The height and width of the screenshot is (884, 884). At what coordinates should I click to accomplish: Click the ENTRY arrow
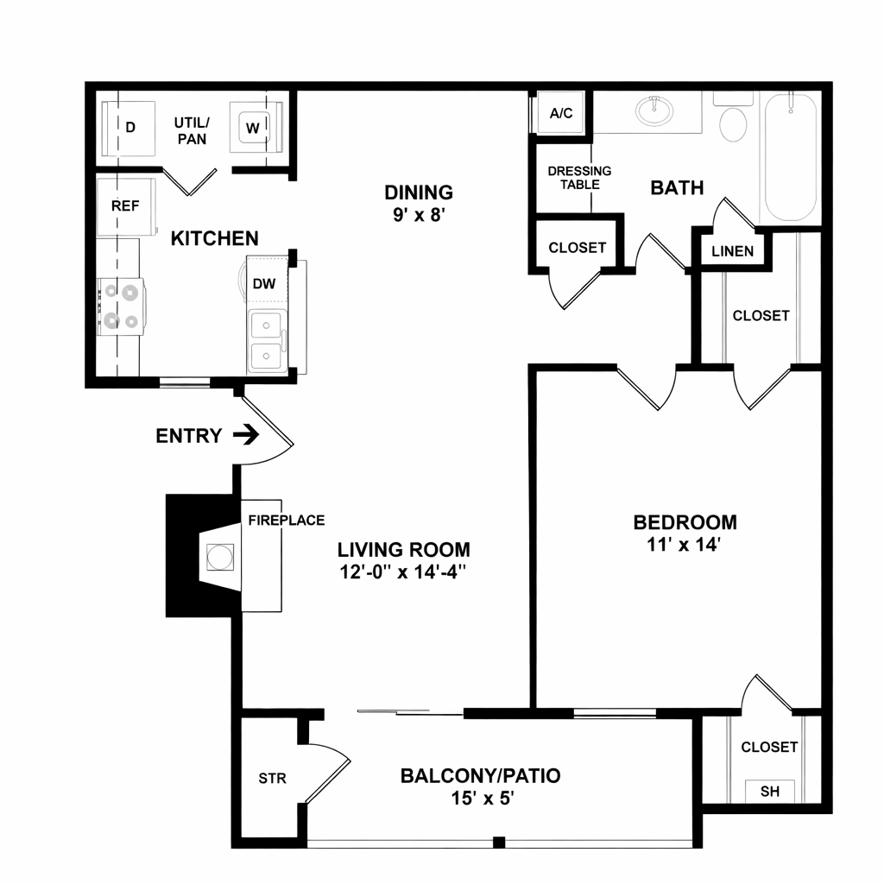click(246, 435)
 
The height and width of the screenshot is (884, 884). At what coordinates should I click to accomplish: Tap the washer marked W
click(256, 128)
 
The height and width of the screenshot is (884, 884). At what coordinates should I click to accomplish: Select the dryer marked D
click(128, 129)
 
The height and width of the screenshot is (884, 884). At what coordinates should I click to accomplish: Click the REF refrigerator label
click(125, 205)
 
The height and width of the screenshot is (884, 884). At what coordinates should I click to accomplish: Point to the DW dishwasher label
click(264, 283)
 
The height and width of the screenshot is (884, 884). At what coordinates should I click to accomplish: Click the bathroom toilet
click(734, 119)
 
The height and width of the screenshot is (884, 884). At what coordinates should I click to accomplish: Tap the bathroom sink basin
click(654, 110)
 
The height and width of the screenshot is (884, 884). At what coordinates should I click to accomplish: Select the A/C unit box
click(561, 113)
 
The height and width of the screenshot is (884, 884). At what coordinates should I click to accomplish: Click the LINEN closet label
click(732, 251)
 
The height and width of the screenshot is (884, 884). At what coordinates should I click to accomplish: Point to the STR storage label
click(272, 779)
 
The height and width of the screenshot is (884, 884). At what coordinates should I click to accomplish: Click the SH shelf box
click(769, 791)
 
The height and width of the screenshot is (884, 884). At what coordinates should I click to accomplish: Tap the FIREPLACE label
click(287, 520)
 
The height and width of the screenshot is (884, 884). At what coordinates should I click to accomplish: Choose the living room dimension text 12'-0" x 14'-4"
click(402, 571)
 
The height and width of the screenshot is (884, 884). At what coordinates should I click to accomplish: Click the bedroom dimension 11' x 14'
click(685, 545)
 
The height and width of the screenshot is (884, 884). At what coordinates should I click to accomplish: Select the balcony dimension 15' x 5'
click(481, 799)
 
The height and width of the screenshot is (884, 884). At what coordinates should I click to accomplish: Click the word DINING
click(419, 193)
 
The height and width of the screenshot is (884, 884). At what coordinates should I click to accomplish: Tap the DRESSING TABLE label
click(579, 178)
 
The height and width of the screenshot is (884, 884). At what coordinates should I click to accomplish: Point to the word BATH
click(677, 187)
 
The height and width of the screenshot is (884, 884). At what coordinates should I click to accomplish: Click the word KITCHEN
click(214, 238)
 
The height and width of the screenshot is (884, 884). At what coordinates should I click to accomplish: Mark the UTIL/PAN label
click(192, 131)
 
